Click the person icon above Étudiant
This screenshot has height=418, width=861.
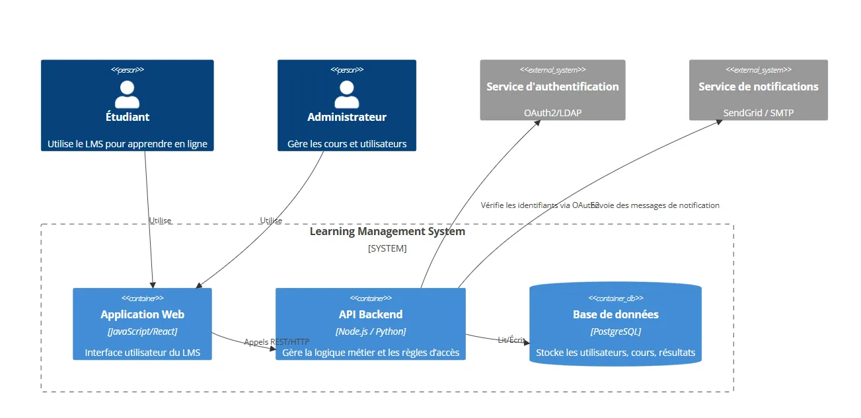click(x=127, y=94)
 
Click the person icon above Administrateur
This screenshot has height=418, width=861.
click(x=346, y=94)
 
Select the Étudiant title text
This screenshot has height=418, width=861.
click(x=127, y=117)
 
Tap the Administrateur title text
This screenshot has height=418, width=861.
click(x=346, y=117)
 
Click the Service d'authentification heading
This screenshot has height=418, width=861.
click(x=552, y=87)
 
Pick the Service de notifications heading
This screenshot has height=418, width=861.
click(x=758, y=87)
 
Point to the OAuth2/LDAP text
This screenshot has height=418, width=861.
click(x=552, y=113)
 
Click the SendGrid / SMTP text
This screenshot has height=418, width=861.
click(x=758, y=113)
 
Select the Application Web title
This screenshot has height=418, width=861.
click(x=142, y=314)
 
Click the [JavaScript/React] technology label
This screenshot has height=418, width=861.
click(x=142, y=331)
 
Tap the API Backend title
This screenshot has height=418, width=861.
click(x=370, y=314)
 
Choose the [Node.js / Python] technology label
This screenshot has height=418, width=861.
click(x=370, y=331)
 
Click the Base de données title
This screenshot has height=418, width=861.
click(x=615, y=314)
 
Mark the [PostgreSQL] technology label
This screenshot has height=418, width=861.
click(x=615, y=331)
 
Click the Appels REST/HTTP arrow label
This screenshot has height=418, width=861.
click(x=276, y=342)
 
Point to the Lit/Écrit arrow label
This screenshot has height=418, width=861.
click(x=511, y=339)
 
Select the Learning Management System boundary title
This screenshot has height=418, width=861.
click(x=387, y=232)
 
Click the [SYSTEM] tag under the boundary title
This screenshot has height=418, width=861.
click(x=387, y=248)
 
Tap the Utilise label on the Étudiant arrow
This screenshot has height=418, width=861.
click(x=160, y=221)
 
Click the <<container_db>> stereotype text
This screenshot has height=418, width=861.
click(x=615, y=298)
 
